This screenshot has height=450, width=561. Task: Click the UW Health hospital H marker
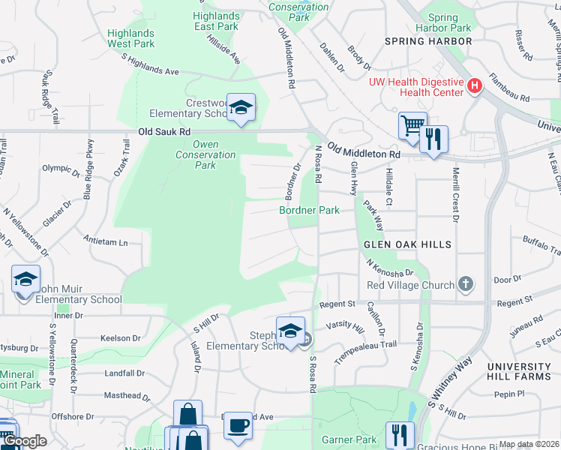(x=474, y=86)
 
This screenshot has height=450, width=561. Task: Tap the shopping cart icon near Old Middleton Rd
(x=412, y=125)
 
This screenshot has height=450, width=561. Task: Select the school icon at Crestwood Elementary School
(x=241, y=107)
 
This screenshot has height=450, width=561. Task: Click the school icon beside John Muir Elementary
(x=25, y=280)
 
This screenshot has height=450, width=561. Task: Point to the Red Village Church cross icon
(x=466, y=284)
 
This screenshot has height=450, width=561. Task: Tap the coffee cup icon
(x=238, y=425)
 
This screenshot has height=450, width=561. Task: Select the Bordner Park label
(x=310, y=211)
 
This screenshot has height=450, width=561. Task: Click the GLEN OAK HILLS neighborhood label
(x=407, y=244)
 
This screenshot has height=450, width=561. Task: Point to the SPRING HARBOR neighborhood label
(x=429, y=41)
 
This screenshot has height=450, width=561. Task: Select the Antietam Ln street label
(x=106, y=242)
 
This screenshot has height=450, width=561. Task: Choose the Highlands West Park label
(x=130, y=38)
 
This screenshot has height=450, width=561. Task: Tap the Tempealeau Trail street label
(x=365, y=350)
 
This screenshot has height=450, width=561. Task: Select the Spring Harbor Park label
(x=449, y=22)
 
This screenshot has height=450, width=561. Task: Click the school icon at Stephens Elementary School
(x=290, y=330)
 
